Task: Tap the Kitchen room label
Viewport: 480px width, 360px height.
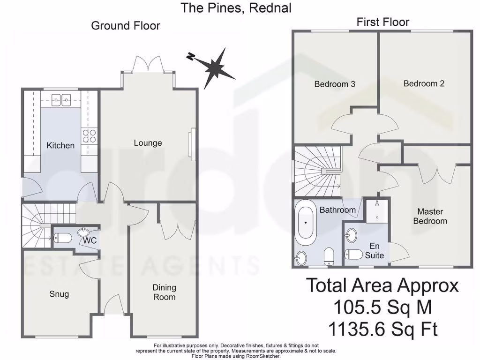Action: coord(60,145)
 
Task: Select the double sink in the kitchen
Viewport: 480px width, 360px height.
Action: coord(61,99)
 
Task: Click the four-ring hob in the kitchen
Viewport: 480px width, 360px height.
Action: coord(89,136)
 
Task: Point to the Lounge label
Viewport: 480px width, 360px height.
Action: coord(148,143)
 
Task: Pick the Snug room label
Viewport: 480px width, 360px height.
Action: coord(59,294)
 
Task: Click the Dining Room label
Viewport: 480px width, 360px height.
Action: coord(164,292)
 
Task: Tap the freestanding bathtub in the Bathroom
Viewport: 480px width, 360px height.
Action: coord(306,224)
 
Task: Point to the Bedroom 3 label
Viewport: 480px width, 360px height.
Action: coord(334,84)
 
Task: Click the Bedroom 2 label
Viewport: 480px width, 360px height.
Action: coord(424,83)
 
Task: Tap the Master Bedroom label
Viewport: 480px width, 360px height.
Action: coord(430,216)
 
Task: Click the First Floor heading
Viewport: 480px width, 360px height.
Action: coord(382,22)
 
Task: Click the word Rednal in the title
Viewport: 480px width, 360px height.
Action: coord(270,7)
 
